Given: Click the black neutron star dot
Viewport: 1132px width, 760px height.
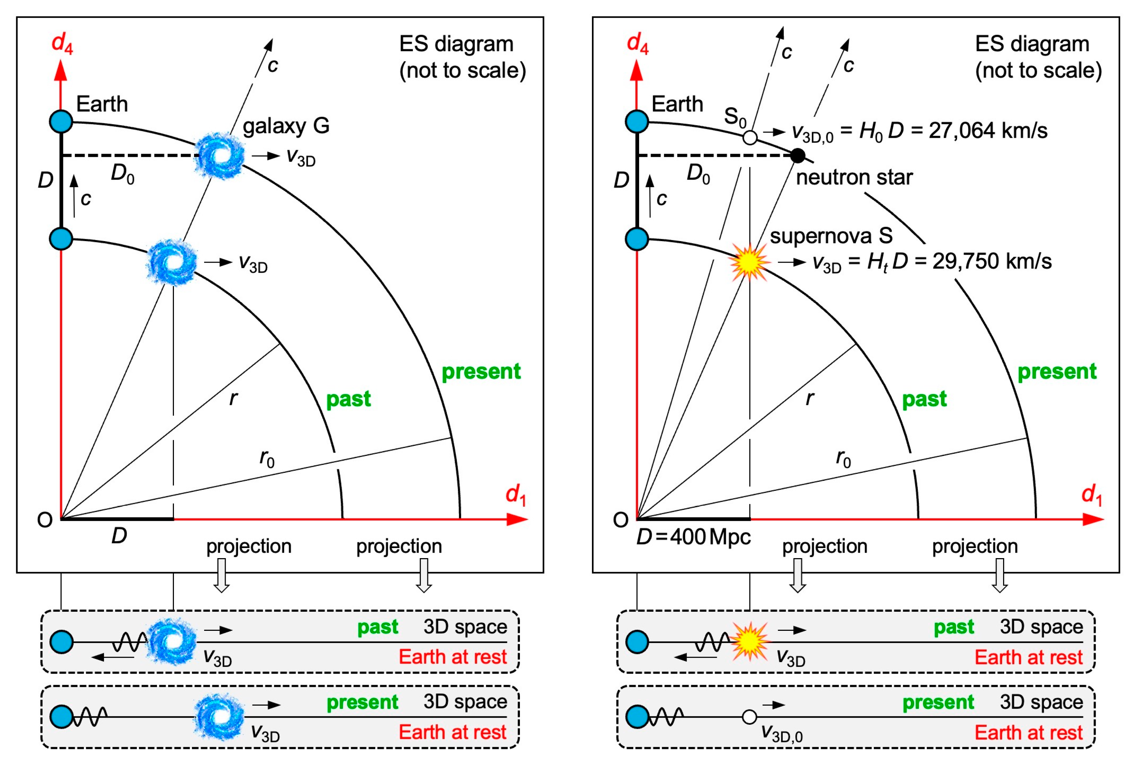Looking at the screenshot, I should click(798, 155).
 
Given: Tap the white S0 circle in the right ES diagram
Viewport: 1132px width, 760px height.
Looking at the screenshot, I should click(750, 138).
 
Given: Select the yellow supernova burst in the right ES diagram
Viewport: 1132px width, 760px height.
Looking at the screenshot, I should click(749, 262).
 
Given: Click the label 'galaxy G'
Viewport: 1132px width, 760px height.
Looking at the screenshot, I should click(286, 126).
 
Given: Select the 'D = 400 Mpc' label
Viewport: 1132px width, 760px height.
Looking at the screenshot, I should click(693, 537).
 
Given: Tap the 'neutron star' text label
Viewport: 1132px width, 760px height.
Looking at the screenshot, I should click(854, 177).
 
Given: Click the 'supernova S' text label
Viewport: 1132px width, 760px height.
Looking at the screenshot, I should click(831, 236).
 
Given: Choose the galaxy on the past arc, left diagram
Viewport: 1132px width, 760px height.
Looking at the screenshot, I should click(172, 262).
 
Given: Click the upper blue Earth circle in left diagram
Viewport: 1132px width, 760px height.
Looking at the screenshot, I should click(61, 121).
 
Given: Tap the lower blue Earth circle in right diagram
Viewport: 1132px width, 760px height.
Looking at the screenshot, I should click(637, 239).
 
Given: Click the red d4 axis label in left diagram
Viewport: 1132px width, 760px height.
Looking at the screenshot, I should click(62, 43).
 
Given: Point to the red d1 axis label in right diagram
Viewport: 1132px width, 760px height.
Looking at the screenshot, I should click(1091, 495).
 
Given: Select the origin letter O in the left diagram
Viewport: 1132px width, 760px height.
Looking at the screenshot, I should click(45, 520).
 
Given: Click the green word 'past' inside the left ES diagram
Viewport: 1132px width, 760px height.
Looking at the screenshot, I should click(348, 399).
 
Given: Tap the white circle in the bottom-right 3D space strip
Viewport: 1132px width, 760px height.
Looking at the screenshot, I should click(749, 717).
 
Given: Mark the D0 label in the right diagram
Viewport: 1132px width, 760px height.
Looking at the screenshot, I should click(698, 173).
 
